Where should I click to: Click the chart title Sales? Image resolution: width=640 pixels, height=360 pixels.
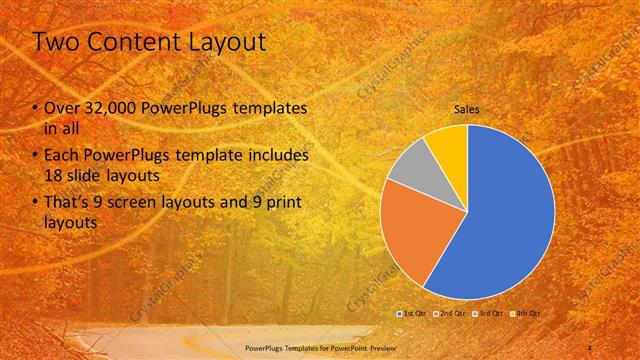[466, 109]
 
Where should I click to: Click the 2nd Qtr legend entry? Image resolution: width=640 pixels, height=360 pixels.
[451, 313]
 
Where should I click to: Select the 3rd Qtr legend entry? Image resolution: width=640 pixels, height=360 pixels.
[488, 313]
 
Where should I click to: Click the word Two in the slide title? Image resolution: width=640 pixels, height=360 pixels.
[58, 42]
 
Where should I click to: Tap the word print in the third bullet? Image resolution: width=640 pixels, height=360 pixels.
[280, 203]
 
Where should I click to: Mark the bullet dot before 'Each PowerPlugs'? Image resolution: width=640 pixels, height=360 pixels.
[35, 157]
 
